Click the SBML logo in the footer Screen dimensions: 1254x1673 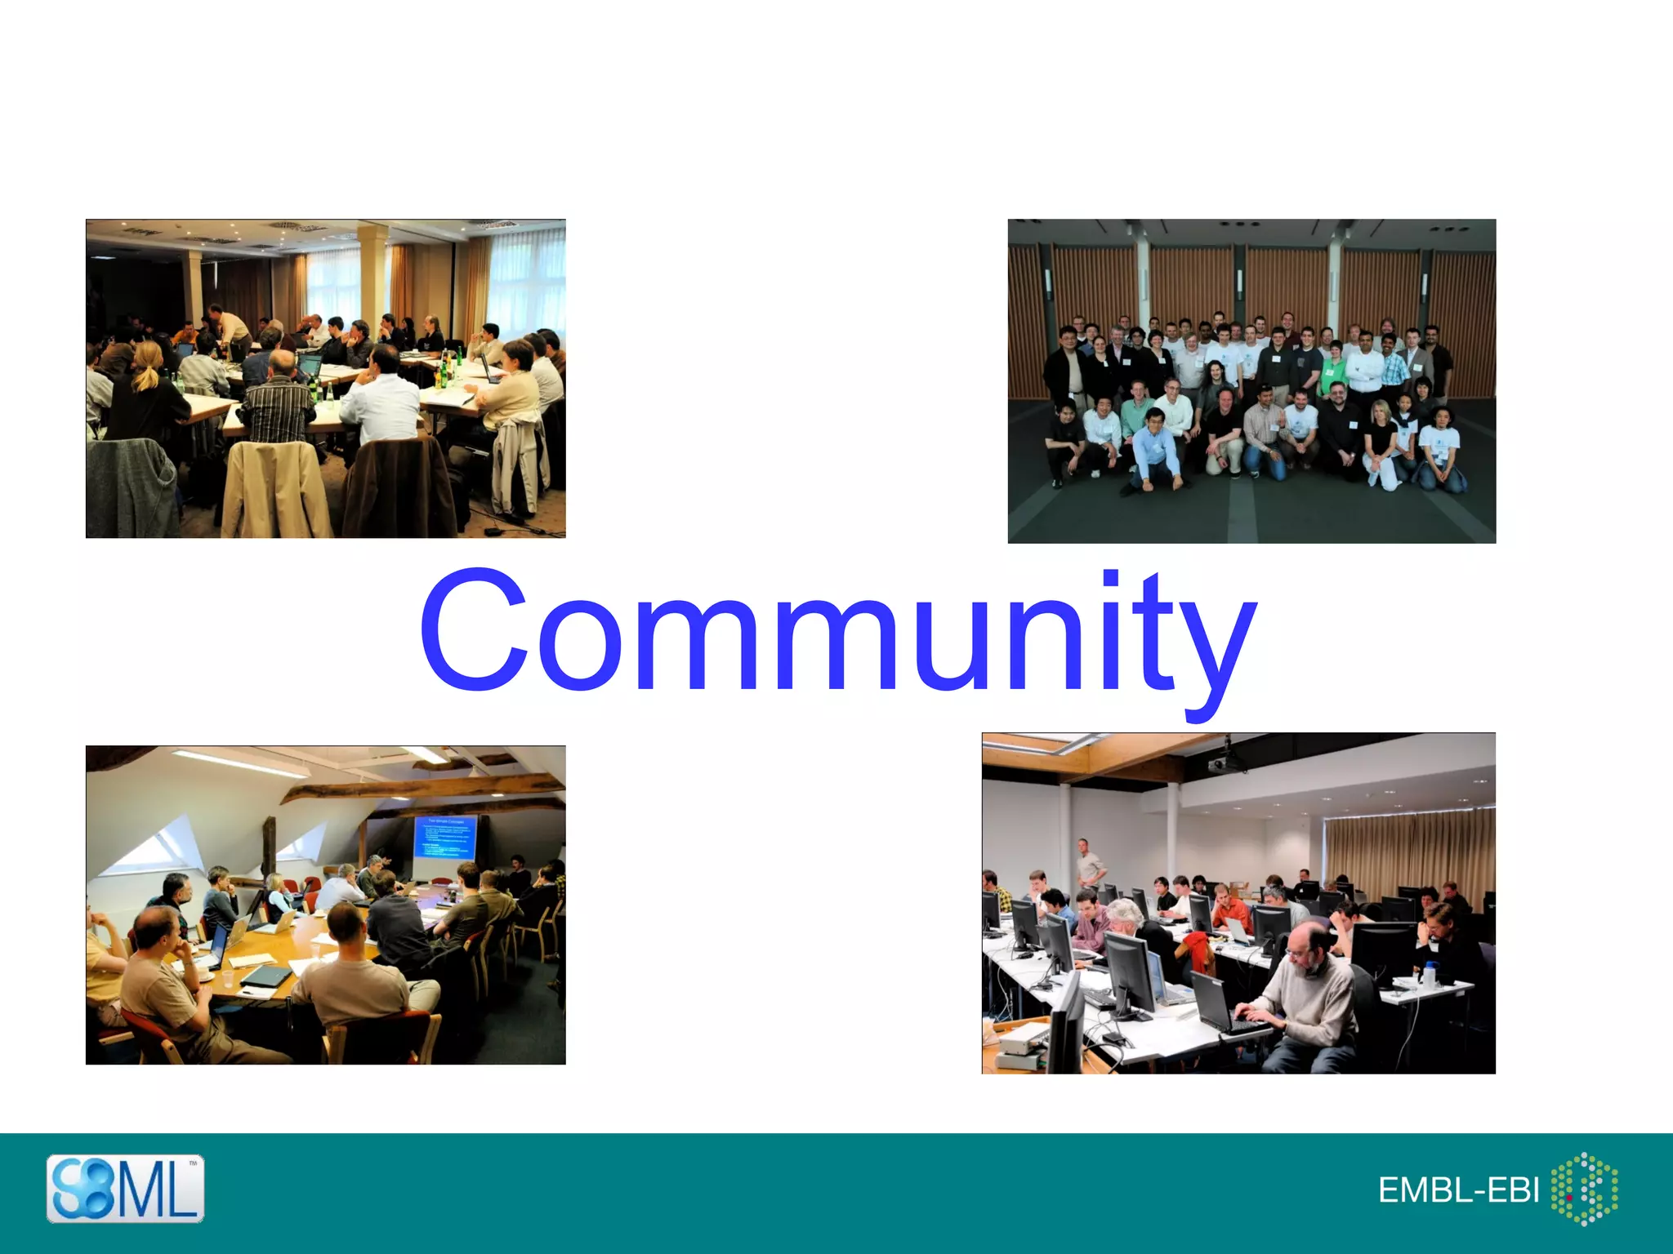click(125, 1188)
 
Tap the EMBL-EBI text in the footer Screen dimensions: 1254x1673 click(1458, 1190)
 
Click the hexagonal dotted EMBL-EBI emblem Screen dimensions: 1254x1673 click(1584, 1189)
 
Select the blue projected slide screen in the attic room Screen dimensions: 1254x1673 click(444, 837)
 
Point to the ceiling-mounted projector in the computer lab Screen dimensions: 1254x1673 click(1225, 763)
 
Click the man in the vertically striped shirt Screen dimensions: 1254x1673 click(278, 400)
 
